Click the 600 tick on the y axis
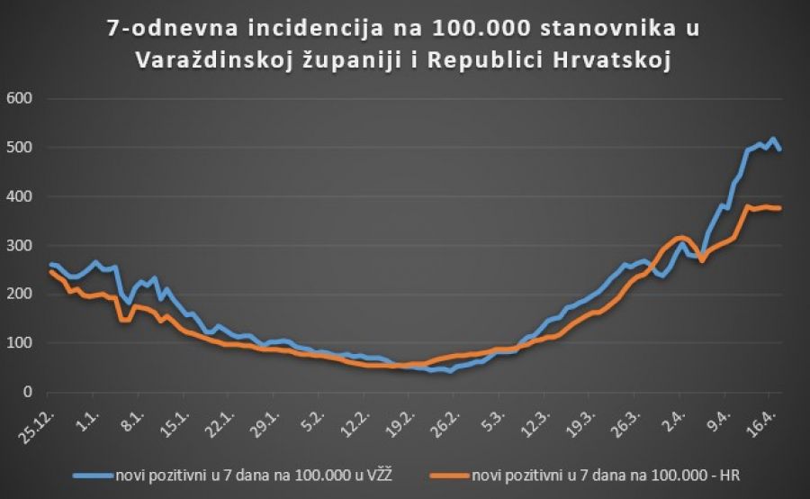click(x=20, y=98)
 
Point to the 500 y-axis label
click(x=20, y=148)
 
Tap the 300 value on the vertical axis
click(x=20, y=245)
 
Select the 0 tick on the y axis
click(x=28, y=392)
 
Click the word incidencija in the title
click(x=278, y=29)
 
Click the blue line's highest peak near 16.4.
click(x=773, y=139)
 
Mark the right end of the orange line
click(x=779, y=208)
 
